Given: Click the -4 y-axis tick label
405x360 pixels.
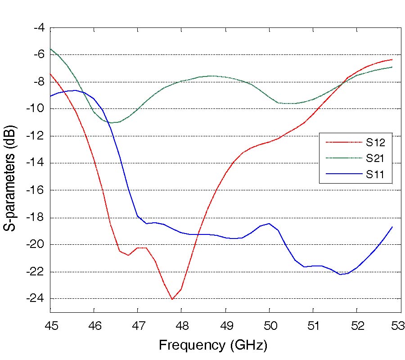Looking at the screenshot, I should pos(40,28).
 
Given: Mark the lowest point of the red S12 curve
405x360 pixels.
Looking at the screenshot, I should pos(172,299).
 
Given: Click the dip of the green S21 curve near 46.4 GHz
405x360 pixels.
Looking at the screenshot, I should pos(112,122).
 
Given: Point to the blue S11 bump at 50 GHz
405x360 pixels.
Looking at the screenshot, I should pos(269,223).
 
